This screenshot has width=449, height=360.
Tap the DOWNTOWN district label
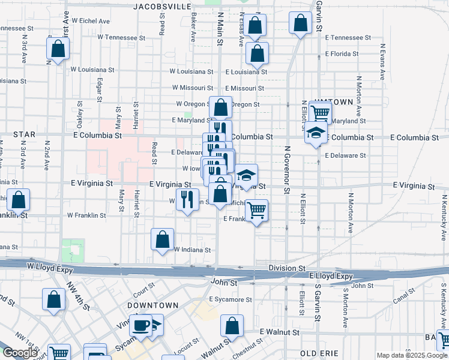pos(157,305)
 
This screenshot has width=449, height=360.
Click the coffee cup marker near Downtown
pos(141,326)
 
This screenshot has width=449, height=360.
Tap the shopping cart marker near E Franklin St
pos(257,211)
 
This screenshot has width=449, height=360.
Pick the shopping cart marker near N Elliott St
pos(320,112)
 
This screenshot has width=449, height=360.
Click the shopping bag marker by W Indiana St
pos(162,239)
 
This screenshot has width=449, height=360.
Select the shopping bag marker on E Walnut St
pos(232,326)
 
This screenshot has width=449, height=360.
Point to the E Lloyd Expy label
pos(331,275)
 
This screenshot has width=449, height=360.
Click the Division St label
pos(287,268)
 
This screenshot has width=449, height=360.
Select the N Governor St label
pos(287,170)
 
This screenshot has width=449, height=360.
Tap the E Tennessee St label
pos(345,37)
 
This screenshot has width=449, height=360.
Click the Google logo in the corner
pos(20,353)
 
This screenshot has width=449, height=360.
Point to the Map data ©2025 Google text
pos(412,355)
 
